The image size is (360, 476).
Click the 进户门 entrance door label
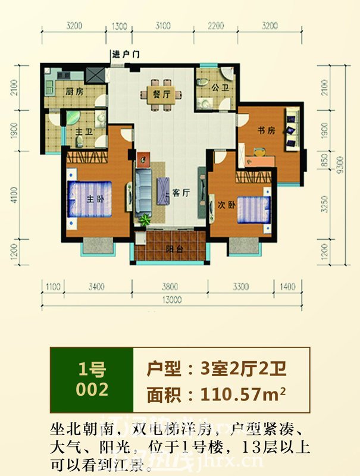[x=125, y=55]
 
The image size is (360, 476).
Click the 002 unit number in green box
[x=92, y=390]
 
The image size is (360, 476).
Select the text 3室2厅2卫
[x=242, y=368]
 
